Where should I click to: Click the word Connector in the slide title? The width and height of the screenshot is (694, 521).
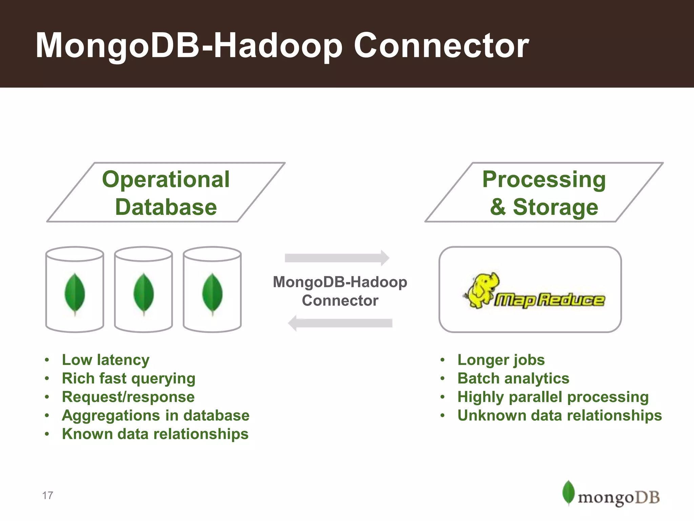point(441,46)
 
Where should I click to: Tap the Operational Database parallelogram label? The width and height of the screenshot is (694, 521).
point(166,193)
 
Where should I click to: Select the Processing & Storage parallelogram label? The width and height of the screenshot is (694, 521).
point(544,193)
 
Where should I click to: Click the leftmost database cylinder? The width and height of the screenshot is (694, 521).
point(75,289)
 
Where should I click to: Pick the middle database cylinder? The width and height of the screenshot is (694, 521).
point(143,289)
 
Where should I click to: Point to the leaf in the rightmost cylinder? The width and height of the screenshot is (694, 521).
point(212,294)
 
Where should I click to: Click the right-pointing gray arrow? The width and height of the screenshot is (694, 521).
point(337,258)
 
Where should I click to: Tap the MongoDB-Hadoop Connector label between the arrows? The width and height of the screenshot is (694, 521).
point(340,291)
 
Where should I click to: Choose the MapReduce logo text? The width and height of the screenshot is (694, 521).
point(549,300)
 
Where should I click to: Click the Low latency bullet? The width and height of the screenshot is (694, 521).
point(105,360)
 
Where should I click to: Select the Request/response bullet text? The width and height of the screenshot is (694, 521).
point(128,397)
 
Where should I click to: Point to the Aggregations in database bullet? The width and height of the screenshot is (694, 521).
point(156,416)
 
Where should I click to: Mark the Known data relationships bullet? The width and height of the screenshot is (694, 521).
point(155,434)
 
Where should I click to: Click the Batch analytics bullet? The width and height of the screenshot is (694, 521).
point(513,379)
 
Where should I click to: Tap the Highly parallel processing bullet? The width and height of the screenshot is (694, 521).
point(553,397)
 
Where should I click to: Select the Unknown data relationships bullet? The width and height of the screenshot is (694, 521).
point(559,416)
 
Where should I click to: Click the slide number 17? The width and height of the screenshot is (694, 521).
point(48,496)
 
